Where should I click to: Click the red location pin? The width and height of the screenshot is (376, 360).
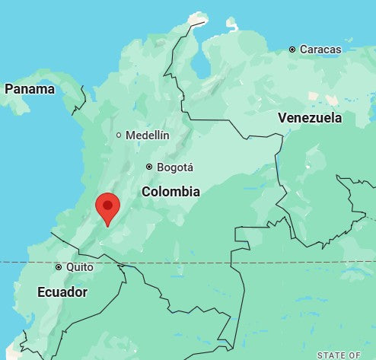click(108, 207)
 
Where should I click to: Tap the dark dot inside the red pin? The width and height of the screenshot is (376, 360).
click(108, 204)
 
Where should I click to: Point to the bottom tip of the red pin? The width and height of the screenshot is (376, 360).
click(108, 226)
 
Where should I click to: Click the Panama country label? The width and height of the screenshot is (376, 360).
click(30, 89)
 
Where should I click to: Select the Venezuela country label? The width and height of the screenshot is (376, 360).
click(310, 118)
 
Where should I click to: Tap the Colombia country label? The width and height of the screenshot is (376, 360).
click(170, 192)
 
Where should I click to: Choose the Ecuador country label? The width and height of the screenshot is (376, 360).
click(62, 292)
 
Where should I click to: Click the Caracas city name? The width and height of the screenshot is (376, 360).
click(320, 49)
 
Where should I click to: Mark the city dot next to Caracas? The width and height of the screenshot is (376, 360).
click(292, 49)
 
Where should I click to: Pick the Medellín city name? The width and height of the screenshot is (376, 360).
click(148, 135)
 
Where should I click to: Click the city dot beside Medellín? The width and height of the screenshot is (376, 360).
click(119, 135)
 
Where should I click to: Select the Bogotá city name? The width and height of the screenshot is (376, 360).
click(175, 167)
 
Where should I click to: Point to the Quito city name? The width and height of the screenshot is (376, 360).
click(80, 267)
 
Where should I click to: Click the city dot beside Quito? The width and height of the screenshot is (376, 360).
click(59, 267)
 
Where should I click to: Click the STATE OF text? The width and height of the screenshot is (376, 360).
click(339, 355)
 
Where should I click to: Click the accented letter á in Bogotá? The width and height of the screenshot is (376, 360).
click(190, 167)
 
